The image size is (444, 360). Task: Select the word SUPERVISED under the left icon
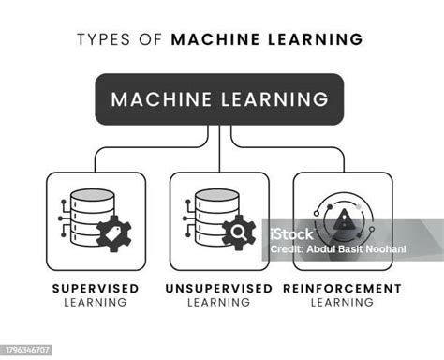pyautogui.click(x=96, y=288)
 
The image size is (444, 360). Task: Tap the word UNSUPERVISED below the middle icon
pyautogui.click(x=220, y=288)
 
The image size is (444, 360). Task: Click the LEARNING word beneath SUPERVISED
pyautogui.click(x=96, y=302)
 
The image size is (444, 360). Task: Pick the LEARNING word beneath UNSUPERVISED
pyautogui.click(x=220, y=302)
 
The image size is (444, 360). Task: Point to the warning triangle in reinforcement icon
pyautogui.click(x=345, y=219)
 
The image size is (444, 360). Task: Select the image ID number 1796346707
pyautogui.click(x=27, y=350)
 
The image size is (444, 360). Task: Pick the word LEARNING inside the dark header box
pyautogui.click(x=276, y=99)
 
